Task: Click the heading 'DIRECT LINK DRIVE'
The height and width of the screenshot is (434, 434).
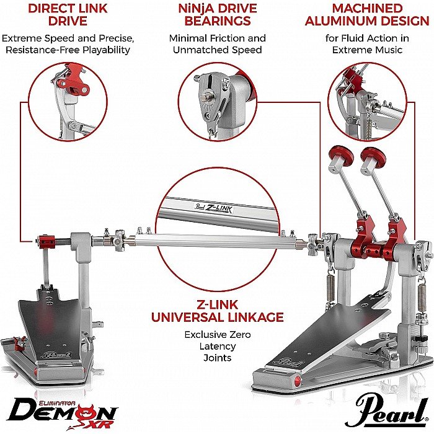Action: pyautogui.click(x=68, y=15)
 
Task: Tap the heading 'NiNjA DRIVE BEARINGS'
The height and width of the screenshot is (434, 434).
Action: pyautogui.click(x=218, y=15)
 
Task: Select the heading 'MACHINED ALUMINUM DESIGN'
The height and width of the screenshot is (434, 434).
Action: pyautogui.click(x=367, y=15)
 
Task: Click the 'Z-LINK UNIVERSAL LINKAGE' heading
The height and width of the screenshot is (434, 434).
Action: pyautogui.click(x=218, y=311)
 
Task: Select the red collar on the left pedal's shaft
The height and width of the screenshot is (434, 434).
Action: pyautogui.click(x=46, y=242)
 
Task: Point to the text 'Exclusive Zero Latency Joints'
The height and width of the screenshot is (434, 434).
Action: pyautogui.click(x=218, y=346)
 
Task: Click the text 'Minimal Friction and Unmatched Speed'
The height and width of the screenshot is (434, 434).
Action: pyautogui.click(x=218, y=44)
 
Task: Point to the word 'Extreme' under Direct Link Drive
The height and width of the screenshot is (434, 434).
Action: pyautogui.click(x=19, y=38)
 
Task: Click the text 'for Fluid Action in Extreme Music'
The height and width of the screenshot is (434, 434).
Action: pyautogui.click(x=367, y=44)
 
